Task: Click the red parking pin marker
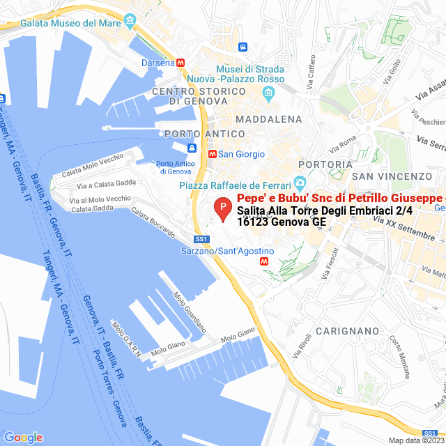coord(222,208)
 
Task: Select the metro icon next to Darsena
coord(181,62)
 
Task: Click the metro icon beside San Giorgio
coord(212,153)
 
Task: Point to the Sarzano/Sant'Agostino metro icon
coord(263,261)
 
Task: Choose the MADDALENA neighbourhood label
coord(268,119)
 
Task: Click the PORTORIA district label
coord(325,164)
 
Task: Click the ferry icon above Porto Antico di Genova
coord(191,148)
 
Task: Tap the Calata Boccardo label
coord(153,222)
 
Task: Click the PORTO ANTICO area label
coord(205,133)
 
